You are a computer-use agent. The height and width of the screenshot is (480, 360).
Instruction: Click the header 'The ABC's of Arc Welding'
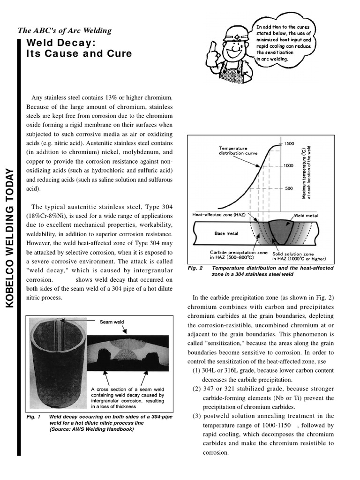(x=65, y=31)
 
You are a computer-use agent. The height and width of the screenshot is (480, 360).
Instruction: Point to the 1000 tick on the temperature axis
(x=287, y=166)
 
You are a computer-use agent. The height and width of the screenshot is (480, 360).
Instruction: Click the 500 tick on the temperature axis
(x=289, y=188)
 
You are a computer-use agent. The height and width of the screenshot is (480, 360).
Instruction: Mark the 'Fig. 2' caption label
(x=195, y=268)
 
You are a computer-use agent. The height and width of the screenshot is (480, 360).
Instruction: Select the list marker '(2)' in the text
(x=197, y=389)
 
